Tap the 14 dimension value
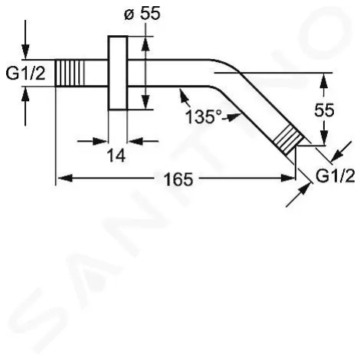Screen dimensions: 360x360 [x=116, y=155]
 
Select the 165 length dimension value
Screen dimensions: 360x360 [x=178, y=179]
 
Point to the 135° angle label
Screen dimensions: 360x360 [x=204, y=117]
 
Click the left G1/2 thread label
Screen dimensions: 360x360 [x=25, y=74]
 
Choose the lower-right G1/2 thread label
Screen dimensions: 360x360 [x=335, y=176]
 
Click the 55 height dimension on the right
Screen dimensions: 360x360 [x=324, y=110]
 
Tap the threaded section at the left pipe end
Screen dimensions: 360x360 [x=70, y=73]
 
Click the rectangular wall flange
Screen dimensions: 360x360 [x=118, y=73]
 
